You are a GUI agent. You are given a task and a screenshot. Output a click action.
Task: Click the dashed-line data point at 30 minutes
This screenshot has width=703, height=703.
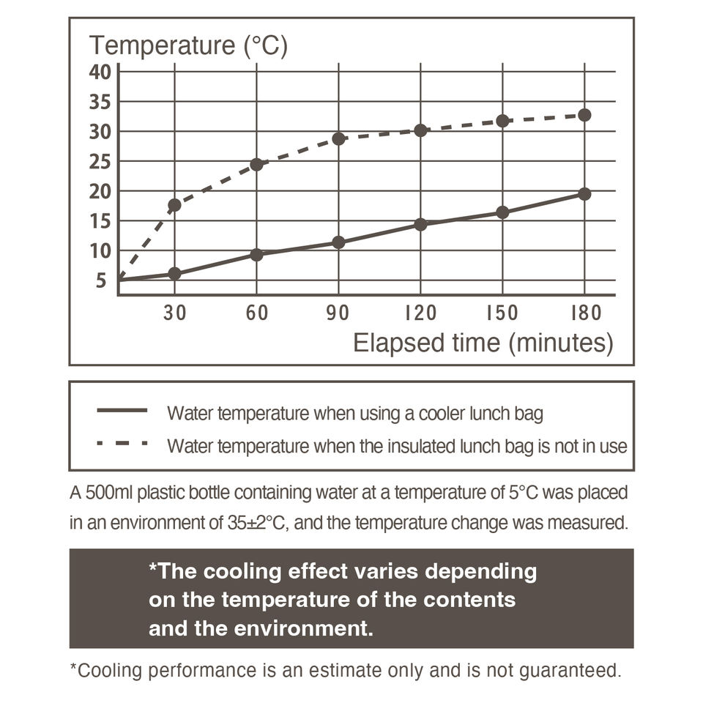[x=174, y=205]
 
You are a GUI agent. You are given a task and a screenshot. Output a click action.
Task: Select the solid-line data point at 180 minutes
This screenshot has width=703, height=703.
[x=584, y=194]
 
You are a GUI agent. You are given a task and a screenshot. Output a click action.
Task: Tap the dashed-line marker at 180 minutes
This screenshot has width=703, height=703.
[x=584, y=115]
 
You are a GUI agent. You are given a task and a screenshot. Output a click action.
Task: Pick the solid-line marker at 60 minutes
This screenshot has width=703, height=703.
[x=256, y=255]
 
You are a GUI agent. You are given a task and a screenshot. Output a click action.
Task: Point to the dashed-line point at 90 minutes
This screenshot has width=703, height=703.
[x=338, y=138]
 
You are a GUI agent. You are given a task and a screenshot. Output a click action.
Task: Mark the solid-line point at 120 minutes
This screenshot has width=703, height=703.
[x=420, y=224]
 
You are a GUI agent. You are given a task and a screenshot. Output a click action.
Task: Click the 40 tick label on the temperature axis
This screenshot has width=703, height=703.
[x=100, y=72]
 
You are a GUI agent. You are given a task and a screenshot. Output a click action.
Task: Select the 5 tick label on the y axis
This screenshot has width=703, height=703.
[x=101, y=280]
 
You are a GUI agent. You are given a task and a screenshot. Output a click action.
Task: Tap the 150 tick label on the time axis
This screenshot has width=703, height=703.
[x=502, y=313]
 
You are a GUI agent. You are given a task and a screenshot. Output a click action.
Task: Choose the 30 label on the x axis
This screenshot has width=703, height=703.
[x=175, y=313]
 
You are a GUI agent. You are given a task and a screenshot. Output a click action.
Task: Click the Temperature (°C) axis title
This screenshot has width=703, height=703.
[x=188, y=45]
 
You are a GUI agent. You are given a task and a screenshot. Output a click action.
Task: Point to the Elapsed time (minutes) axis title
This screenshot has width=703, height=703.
[x=483, y=343]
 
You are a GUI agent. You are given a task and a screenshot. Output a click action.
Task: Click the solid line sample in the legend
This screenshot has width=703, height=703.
[x=122, y=410]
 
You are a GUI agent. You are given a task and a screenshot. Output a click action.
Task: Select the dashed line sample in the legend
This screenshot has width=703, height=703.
[x=122, y=443]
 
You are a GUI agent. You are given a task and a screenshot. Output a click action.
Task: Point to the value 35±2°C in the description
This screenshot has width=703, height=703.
[x=256, y=523]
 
